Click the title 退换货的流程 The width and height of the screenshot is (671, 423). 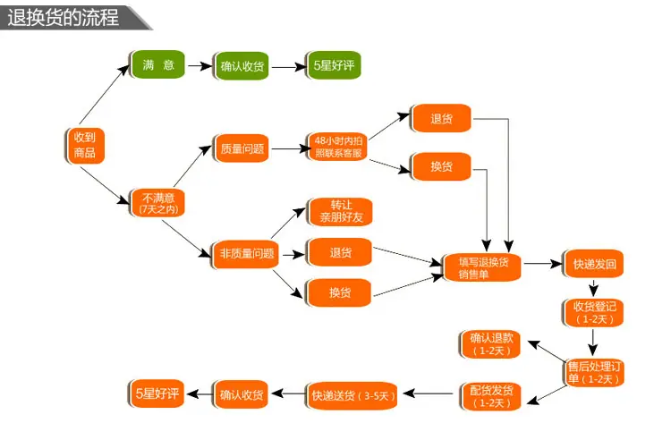coord(63,18)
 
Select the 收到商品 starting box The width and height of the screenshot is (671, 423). coord(85,146)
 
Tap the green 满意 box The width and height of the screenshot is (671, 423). coord(157,64)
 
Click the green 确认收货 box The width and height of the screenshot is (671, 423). coord(242,66)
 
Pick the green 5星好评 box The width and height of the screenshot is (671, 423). coord(334,65)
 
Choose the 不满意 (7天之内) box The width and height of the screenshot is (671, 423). coord(157,203)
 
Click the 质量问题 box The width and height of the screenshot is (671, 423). coord(242,148)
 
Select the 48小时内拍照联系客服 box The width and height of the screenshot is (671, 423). coord(338,147)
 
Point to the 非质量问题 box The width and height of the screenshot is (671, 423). coord(246,254)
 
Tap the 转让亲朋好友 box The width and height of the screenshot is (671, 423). coord(340,211)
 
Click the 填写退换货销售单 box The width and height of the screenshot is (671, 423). coord(483,267)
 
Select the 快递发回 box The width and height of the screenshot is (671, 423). coord(593,264)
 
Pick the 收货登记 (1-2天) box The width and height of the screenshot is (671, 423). coord(593,313)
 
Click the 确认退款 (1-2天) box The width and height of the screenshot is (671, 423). coord(491,344)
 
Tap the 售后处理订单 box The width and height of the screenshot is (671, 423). coord(594,373)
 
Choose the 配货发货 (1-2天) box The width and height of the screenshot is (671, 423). coord(491,396)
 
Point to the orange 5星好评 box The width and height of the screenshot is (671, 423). coord(157,393)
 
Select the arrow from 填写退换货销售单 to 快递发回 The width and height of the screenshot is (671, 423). coord(543,264)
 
